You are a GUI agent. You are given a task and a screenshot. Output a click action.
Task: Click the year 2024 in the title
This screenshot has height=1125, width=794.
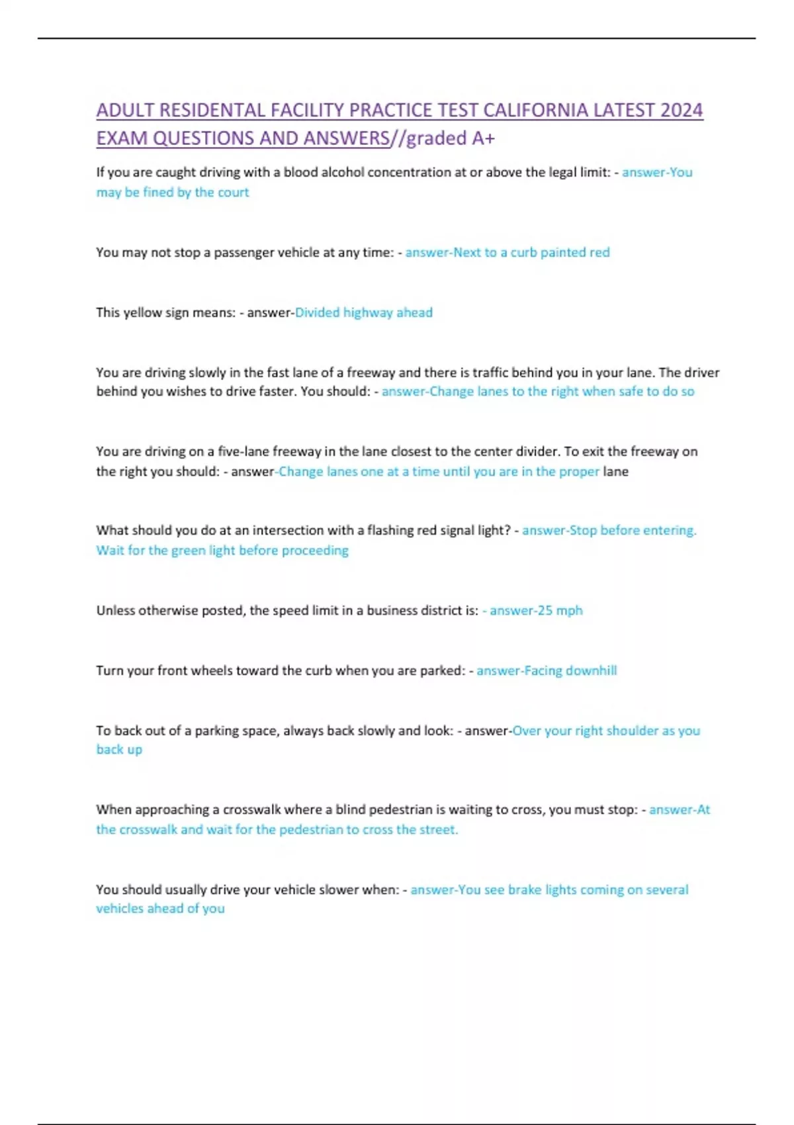click(681, 110)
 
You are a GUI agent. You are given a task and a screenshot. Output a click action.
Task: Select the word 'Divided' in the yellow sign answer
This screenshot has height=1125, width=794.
click(317, 312)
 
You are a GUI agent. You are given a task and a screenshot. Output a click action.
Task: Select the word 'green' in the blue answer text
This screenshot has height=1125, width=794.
click(188, 551)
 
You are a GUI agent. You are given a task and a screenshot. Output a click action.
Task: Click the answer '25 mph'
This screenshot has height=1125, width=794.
click(559, 611)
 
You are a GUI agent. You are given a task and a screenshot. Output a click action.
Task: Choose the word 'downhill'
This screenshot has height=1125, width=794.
click(591, 671)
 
